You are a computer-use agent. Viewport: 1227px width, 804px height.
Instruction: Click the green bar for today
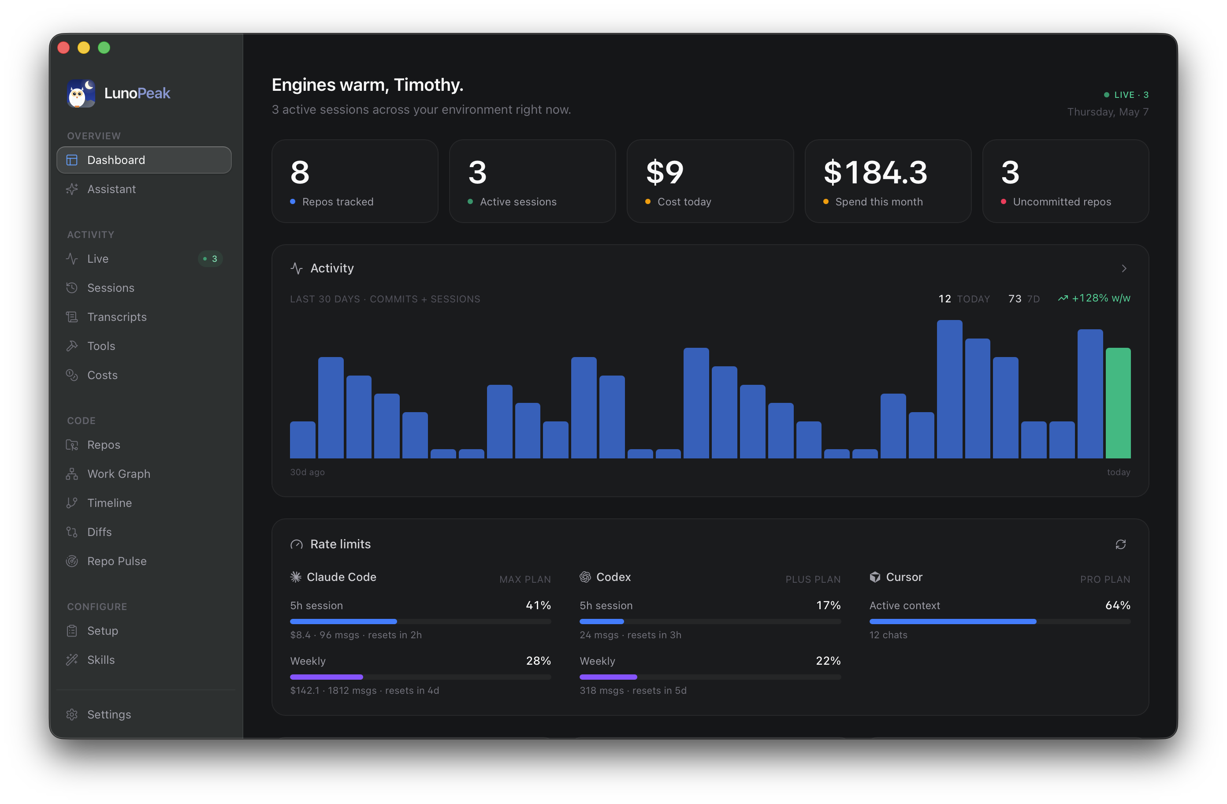1118,403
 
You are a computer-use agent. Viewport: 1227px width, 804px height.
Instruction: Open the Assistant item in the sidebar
112,189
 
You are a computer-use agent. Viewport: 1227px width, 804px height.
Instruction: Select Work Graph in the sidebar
119,474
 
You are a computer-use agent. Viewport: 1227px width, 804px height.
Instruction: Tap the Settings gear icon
72,714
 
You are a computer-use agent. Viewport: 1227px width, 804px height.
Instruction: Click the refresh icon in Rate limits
1120,544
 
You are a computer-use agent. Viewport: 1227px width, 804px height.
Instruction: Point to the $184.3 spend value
875,172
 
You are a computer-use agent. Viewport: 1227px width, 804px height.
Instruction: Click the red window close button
64,48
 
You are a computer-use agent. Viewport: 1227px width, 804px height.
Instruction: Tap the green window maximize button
104,48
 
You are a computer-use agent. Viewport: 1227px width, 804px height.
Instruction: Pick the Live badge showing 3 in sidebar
210,259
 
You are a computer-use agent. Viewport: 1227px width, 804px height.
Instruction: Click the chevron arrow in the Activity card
1124,269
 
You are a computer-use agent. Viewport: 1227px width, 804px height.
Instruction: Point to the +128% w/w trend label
1094,298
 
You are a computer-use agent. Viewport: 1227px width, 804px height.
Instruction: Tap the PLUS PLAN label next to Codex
813,580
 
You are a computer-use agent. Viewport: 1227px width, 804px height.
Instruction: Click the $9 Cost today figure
665,172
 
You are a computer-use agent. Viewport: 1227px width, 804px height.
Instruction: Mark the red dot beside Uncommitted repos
1003,201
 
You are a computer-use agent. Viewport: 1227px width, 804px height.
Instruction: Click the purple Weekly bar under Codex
608,677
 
